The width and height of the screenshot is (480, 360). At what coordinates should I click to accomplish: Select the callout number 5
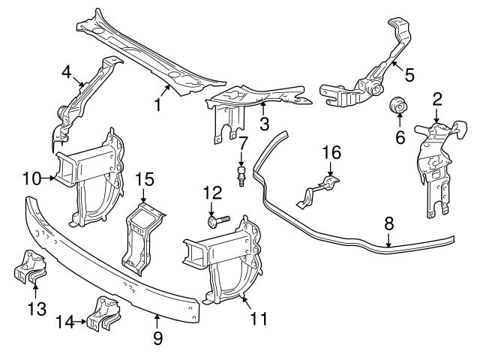pos(409,74)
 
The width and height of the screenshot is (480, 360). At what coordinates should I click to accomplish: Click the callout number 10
pos(31,178)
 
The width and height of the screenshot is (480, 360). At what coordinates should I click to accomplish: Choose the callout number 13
pos(36,308)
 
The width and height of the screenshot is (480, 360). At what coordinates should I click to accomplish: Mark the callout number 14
pos(65,322)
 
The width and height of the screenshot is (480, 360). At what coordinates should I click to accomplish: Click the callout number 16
pos(331,153)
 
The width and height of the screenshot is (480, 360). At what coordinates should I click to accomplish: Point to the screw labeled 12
pos(214,222)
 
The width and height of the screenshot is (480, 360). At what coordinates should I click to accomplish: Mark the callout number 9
pos(157,338)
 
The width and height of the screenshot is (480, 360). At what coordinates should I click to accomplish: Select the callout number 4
pos(67,73)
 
